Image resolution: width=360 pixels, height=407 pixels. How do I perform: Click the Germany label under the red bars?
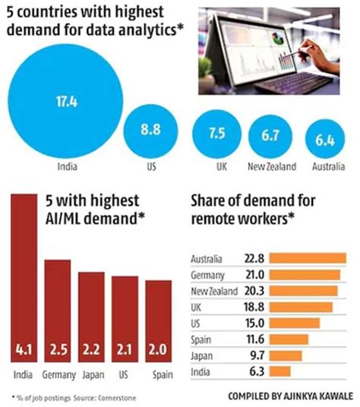point(58,374)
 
